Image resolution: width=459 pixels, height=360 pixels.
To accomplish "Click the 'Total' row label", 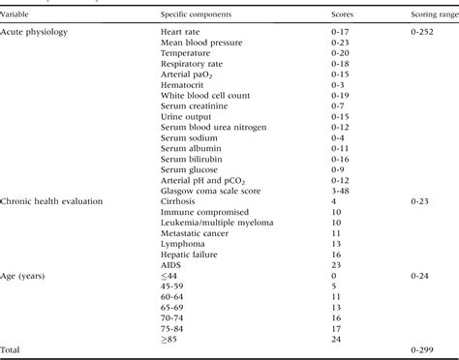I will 14,348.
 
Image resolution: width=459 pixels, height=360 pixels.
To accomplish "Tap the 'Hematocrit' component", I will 184,84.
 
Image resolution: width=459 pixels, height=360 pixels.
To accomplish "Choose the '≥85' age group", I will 172,338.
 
